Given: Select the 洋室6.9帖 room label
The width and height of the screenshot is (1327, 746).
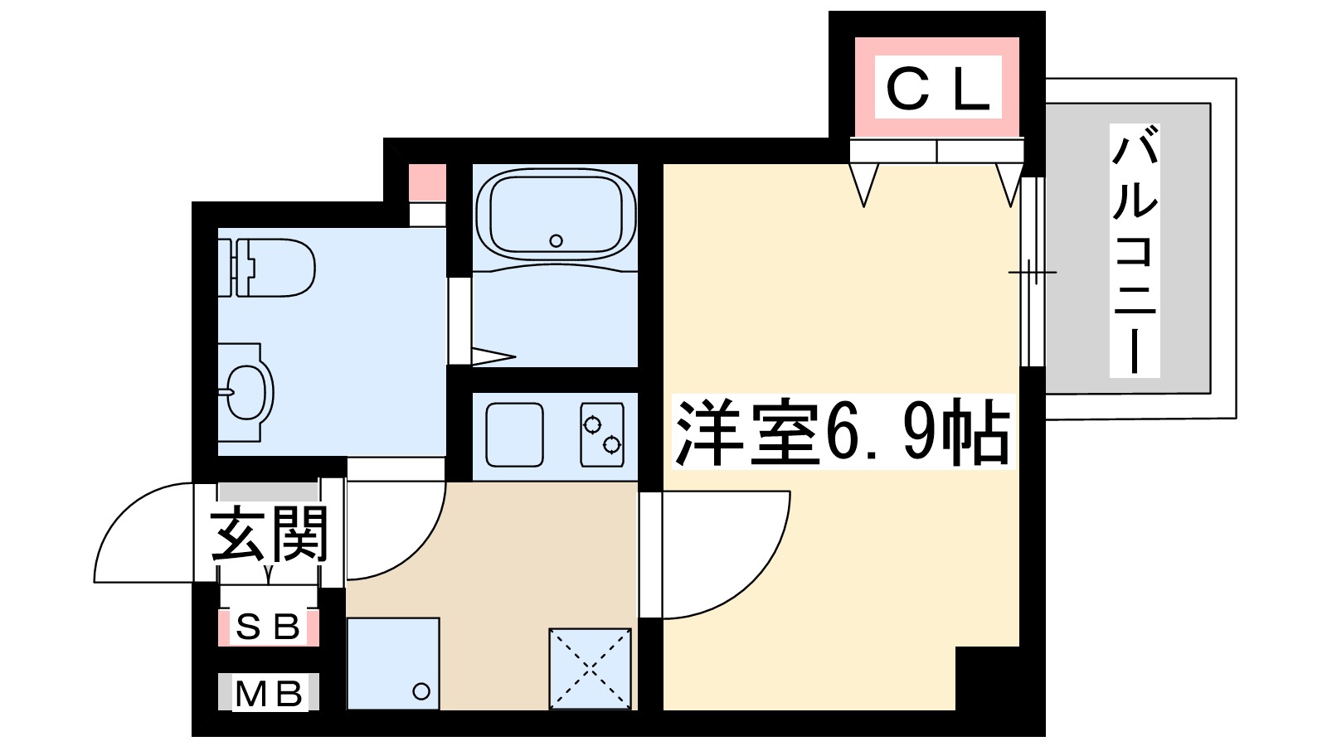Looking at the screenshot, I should click(843, 433).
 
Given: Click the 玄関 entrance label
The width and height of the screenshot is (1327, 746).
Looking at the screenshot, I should click(270, 535).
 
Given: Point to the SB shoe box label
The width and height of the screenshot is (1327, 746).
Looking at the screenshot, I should click(268, 627).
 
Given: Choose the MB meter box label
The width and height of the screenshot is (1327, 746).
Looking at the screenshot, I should click(268, 693).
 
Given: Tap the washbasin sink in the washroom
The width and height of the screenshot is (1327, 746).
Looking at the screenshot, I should click(245, 392).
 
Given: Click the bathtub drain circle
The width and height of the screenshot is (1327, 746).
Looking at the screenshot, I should click(556, 241).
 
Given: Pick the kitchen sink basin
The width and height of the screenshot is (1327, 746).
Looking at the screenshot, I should click(515, 435).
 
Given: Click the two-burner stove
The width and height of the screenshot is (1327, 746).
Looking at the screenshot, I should click(602, 435).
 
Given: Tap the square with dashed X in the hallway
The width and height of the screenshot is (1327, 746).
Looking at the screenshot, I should click(590, 668).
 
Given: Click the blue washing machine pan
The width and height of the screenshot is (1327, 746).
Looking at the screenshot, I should click(393, 663).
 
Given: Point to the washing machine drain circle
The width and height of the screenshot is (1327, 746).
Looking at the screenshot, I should click(421, 690).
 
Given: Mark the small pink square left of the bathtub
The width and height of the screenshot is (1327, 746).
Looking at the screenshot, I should click(428, 182).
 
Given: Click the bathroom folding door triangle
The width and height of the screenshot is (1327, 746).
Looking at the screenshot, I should click(493, 357).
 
